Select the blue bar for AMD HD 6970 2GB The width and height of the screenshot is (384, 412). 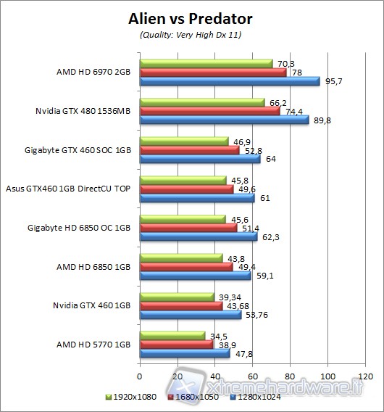(x=230, y=81)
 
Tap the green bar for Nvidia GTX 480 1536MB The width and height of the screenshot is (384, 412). (x=202, y=103)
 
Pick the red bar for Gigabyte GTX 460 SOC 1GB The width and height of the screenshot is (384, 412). (x=189, y=150)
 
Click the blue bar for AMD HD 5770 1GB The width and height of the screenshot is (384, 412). (x=184, y=354)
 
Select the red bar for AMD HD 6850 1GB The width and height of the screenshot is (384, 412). (x=185, y=267)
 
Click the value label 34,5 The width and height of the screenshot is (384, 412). (x=216, y=335)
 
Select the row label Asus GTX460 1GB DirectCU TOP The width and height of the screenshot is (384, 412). (x=68, y=189)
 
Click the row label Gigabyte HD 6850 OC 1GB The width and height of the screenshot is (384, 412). (x=80, y=228)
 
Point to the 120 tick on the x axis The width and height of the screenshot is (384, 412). (x=365, y=376)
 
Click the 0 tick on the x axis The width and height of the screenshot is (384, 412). (x=139, y=376)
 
